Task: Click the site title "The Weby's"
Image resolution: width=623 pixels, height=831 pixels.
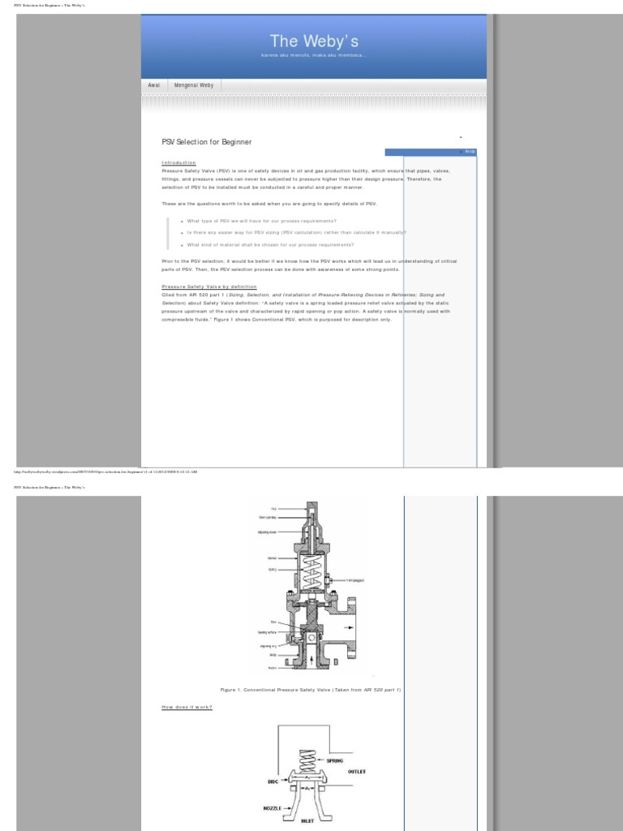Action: click(x=313, y=40)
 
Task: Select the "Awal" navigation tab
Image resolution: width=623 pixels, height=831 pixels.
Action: click(x=153, y=85)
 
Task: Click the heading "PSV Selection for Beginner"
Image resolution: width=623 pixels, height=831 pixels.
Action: click(x=207, y=142)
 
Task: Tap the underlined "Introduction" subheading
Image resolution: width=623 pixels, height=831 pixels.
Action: click(x=178, y=163)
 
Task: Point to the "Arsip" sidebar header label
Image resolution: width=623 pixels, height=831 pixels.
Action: click(x=470, y=152)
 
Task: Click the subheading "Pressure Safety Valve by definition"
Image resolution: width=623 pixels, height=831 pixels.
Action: click(x=209, y=286)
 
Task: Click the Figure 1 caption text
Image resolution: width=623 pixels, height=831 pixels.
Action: click(x=311, y=689)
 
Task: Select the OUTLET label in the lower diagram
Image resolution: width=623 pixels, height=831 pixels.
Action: click(x=356, y=772)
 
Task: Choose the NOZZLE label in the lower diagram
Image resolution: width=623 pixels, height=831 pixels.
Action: click(x=272, y=808)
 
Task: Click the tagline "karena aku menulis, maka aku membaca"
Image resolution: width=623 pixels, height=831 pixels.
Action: click(x=313, y=55)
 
